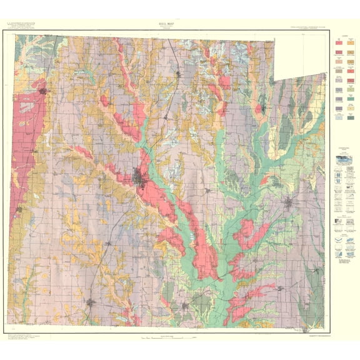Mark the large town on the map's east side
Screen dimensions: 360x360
click(287, 203)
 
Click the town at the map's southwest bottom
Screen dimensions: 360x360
click(91, 302)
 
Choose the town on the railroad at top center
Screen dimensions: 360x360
click(179, 74)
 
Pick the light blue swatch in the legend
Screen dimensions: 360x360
click(339, 117)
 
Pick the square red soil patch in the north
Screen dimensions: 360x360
click(224, 82)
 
